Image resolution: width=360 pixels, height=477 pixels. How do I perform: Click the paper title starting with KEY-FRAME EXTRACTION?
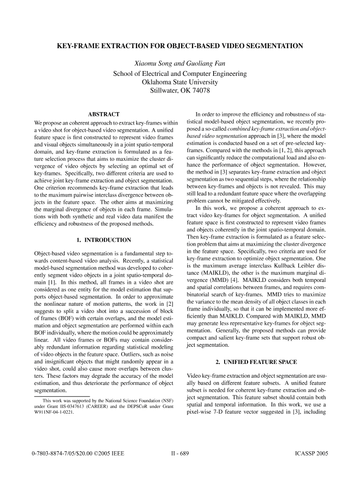(180, 46)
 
